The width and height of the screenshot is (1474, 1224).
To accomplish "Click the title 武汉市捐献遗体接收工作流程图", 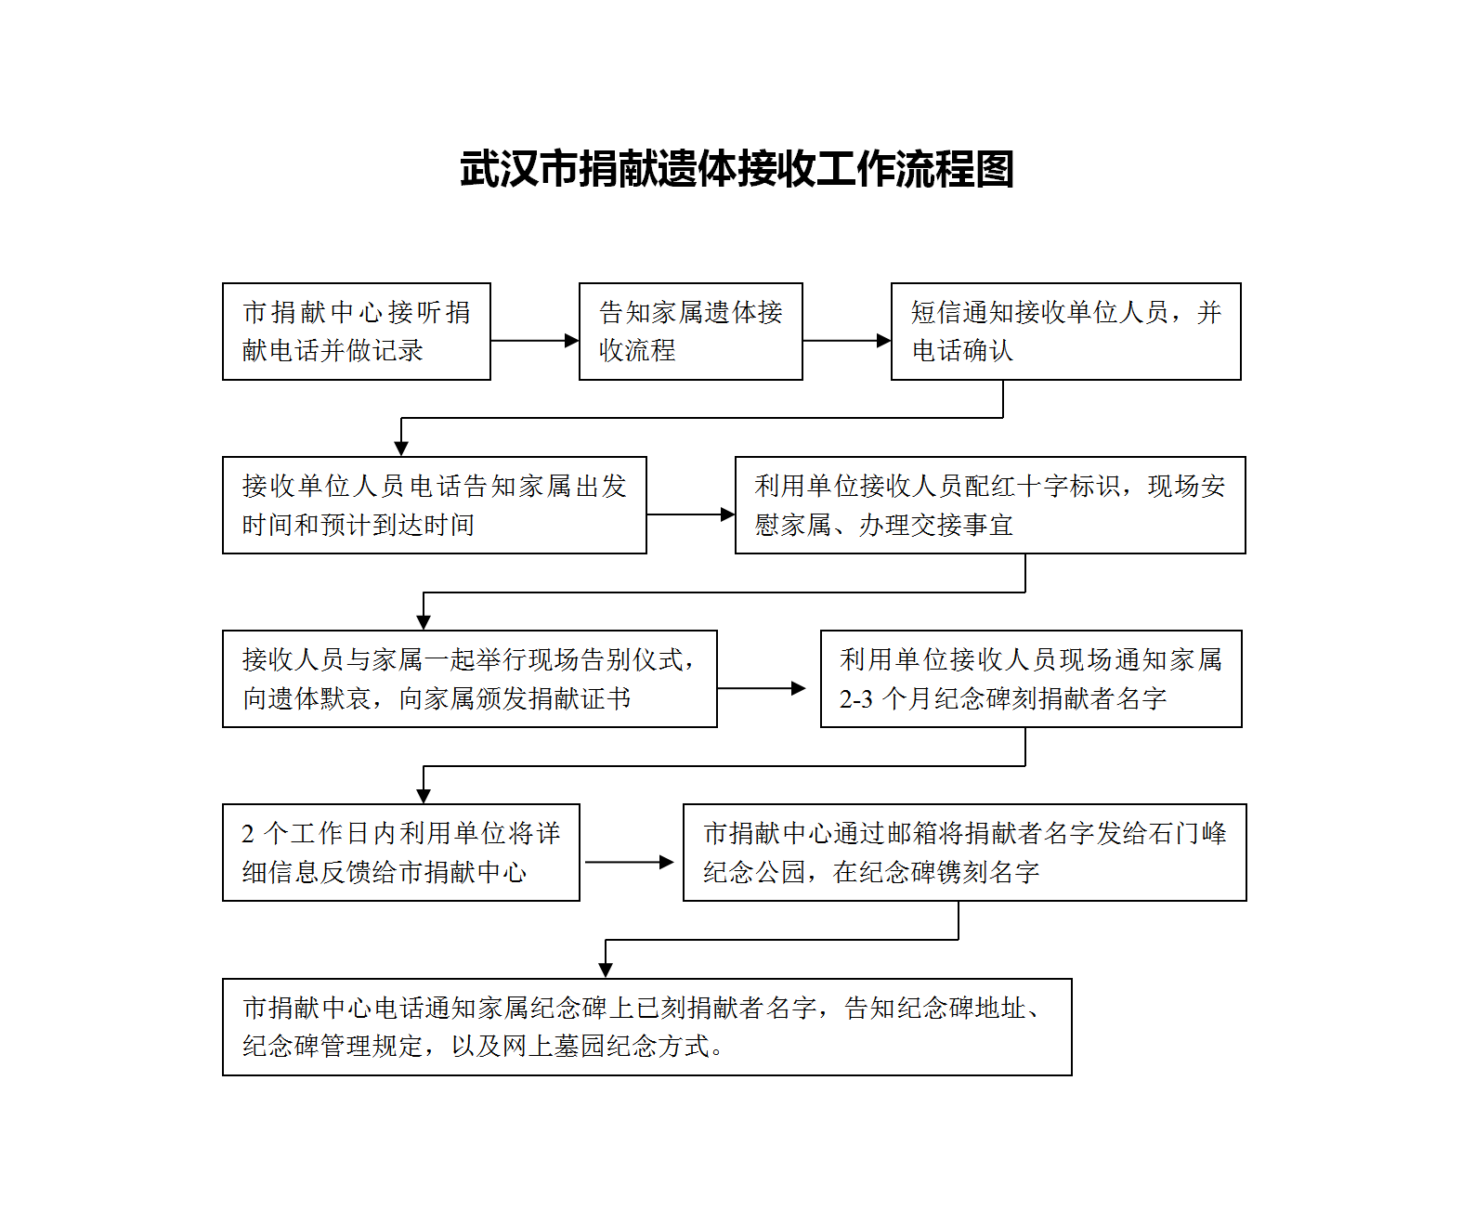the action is (x=737, y=169).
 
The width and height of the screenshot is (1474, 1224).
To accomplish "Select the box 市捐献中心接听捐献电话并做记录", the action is (x=357, y=332).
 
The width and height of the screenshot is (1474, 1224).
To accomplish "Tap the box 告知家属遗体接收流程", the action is (x=690, y=332).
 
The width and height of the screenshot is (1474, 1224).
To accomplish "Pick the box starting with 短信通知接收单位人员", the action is (x=1066, y=332).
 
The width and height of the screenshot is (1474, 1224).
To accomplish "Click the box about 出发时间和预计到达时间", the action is (x=434, y=505).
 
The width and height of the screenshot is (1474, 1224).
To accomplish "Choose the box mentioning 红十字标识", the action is (x=990, y=505).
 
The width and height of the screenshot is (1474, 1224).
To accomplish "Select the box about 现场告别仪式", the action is (x=469, y=679).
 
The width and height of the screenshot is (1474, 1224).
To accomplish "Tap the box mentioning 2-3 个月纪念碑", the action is (x=1031, y=679).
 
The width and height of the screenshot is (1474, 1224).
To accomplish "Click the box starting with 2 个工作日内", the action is (x=401, y=853).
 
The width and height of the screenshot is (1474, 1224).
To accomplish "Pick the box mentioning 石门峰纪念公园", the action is (x=964, y=853).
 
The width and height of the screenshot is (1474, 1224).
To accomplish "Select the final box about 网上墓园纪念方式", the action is (x=646, y=1027).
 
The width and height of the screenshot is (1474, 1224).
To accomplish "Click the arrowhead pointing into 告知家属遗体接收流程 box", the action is (x=572, y=341).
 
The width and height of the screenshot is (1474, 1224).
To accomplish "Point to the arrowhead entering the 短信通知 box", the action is (x=884, y=341).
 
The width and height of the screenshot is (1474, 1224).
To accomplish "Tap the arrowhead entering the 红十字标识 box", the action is (x=728, y=514).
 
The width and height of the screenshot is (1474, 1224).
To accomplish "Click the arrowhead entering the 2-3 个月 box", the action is (x=799, y=688).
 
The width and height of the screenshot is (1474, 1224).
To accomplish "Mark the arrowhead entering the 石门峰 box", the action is (x=666, y=862).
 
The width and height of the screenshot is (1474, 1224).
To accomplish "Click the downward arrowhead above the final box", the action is (x=606, y=970).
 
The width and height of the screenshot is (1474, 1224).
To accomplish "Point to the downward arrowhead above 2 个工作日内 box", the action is (x=424, y=796).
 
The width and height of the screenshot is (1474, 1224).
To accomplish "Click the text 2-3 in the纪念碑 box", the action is (x=856, y=699).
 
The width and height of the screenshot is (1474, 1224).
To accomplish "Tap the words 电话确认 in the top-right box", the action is (x=962, y=351).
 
